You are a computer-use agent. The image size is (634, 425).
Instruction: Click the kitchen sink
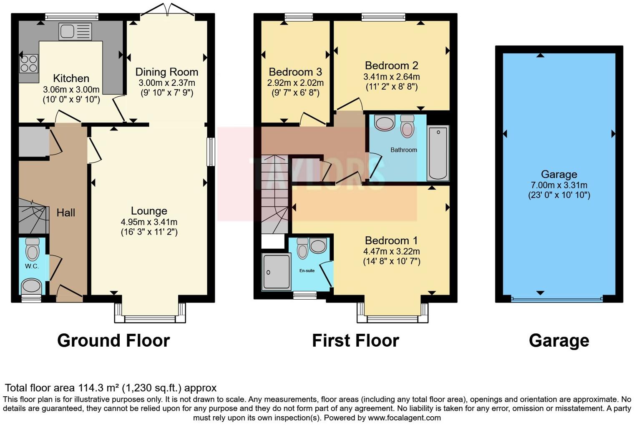pos(75,32)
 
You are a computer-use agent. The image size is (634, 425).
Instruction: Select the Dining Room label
pos(166,72)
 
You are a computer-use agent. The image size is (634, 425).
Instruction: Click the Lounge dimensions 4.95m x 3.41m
pos(149,222)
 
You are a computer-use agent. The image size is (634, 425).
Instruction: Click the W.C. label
pos(32,266)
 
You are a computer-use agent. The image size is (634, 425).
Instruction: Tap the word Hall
pos(66,212)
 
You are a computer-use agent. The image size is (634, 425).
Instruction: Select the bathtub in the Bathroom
pos(438,153)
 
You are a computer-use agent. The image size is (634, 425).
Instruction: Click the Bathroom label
pos(403,150)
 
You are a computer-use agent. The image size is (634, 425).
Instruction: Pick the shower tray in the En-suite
pos(276,272)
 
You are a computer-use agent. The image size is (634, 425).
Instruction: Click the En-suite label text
pos(307,270)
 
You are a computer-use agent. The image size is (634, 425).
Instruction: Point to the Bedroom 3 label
pos(295,72)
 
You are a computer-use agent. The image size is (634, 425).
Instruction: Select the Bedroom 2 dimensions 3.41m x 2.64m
pos(391,77)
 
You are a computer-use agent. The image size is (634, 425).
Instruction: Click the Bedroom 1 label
pos(391,240)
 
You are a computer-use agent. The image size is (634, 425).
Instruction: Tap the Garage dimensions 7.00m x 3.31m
pos(559,185)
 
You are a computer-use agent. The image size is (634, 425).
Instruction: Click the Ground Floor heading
pos(113,340)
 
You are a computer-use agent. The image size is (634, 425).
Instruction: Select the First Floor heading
pos(355,340)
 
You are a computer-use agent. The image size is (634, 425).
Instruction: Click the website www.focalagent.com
pos(404,417)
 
